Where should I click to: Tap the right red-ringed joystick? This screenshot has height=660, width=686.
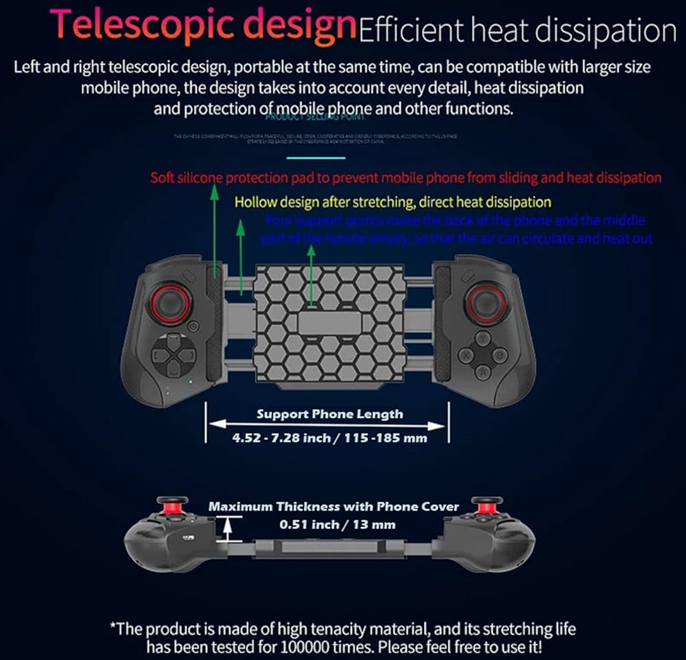(486, 300)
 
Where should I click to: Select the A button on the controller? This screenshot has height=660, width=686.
(482, 373)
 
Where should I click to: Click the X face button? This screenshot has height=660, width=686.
(464, 355)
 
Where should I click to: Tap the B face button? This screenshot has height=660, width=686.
(500, 355)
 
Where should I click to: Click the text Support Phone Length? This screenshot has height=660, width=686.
(330, 414)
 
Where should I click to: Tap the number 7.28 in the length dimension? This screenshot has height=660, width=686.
(285, 437)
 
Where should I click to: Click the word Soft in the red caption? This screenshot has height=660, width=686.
(163, 178)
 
